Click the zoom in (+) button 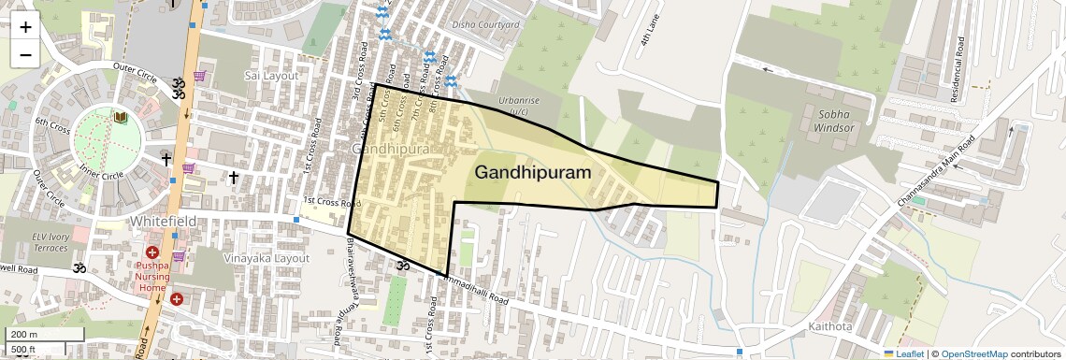[25, 27]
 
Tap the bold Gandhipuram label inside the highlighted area [533, 173]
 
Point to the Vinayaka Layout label [266, 258]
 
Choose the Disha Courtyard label [485, 25]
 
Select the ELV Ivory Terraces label [50, 242]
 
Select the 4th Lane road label [650, 36]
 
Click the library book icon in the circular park [120, 118]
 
